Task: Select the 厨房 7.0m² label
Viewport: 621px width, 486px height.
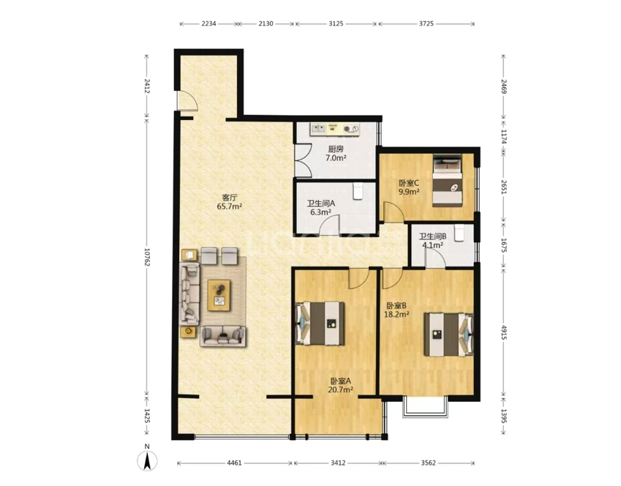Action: (336, 154)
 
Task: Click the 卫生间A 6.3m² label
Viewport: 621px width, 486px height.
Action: (321, 208)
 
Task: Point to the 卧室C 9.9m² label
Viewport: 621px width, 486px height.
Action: (409, 187)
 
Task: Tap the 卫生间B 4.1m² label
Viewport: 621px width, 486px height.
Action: (433, 240)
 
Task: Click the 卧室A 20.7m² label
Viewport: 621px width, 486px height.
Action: (341, 385)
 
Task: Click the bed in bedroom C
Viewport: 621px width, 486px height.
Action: (447, 180)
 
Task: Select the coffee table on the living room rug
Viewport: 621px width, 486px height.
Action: (219, 295)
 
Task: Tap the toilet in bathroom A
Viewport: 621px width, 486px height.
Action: (358, 191)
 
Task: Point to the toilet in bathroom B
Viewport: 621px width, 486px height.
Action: (459, 233)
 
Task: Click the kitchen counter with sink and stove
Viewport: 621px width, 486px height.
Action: (335, 129)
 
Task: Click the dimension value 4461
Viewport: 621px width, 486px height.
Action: (235, 463)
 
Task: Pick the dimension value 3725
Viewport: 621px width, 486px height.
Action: (426, 23)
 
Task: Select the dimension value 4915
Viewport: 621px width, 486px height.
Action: (504, 332)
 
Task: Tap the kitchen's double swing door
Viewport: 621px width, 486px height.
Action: (304, 161)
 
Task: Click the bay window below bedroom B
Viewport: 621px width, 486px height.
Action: (426, 406)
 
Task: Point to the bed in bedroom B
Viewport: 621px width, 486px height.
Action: (448, 334)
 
